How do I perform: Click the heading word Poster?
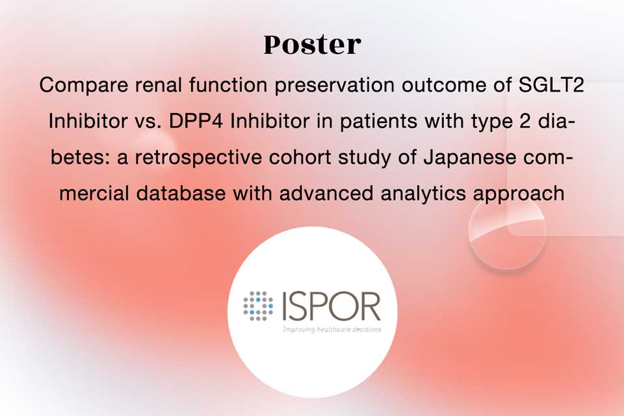coord(313,45)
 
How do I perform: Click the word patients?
coord(378,122)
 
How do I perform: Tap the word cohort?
coord(300,157)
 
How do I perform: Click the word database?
coord(181,193)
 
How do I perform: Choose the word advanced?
coord(326,193)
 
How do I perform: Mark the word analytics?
coord(423,194)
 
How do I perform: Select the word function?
coord(228,84)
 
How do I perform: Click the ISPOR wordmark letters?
coord(331,306)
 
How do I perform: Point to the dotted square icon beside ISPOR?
coord(258,306)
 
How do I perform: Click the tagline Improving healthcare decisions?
coord(332,329)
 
